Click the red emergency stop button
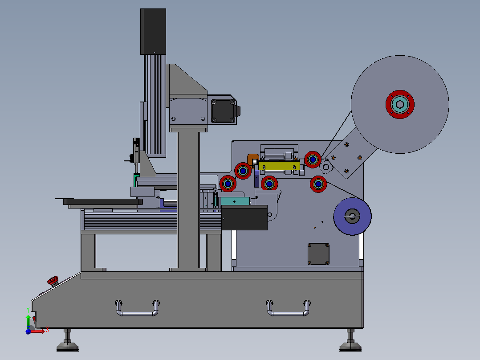[x=53, y=281]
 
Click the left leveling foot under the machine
[x=68, y=340]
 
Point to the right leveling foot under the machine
[x=350, y=340]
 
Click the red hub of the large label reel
[x=400, y=104]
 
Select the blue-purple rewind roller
[x=352, y=216]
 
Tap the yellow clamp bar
[x=279, y=165]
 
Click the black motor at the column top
[x=153, y=32]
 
